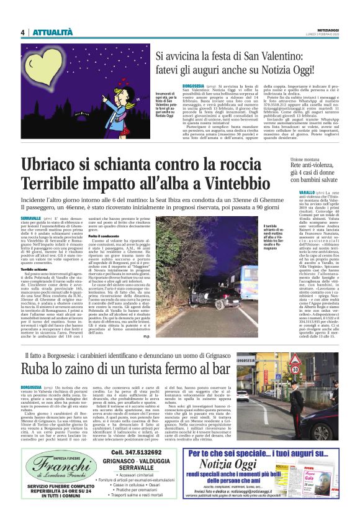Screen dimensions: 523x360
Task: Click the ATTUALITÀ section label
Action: coord(52,32)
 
